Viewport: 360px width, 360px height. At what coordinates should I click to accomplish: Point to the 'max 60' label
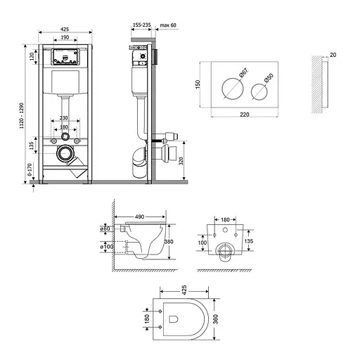168,25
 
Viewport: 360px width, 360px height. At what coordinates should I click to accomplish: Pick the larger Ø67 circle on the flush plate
232,90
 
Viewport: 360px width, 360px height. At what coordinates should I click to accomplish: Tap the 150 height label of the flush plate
198,85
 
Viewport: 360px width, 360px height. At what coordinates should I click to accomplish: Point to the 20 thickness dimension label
333,53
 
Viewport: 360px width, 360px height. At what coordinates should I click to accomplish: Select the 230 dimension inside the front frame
65,119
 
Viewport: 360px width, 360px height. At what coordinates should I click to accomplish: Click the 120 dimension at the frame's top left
32,56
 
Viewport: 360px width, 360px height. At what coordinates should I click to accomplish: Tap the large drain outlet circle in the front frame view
65,151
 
